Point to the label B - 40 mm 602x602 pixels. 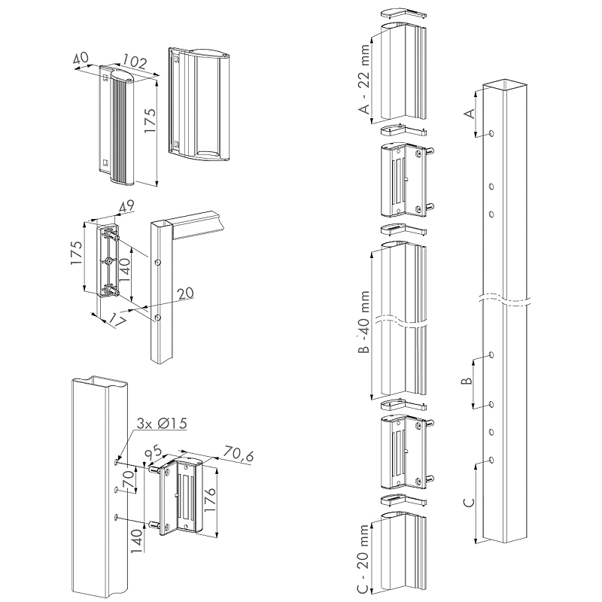point(365,324)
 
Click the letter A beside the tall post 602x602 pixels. point(470,114)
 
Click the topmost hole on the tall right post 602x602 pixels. point(491,133)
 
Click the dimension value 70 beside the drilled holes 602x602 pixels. point(129,477)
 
